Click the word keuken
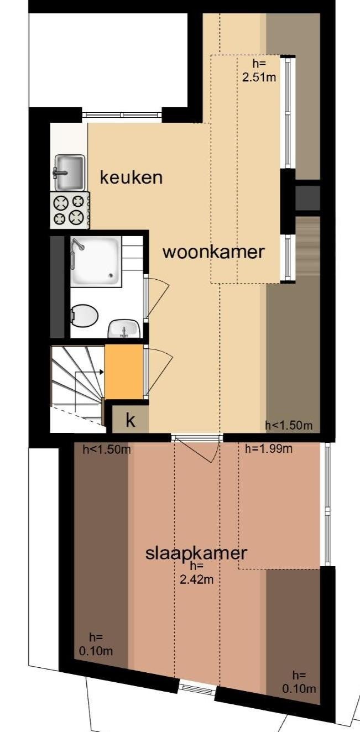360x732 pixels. [x=131, y=178]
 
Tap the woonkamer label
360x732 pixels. [x=213, y=252]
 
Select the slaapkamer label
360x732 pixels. [x=196, y=553]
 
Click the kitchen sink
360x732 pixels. [x=69, y=172]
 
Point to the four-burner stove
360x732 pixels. [x=69, y=210]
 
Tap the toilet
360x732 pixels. [x=85, y=317]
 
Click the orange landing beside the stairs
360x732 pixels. [x=124, y=372]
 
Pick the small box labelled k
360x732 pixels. [x=131, y=420]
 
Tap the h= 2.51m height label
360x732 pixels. [x=259, y=71]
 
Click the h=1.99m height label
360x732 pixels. [x=269, y=449]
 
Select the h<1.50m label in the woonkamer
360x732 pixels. [x=289, y=425]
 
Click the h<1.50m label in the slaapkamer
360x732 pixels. [x=107, y=449]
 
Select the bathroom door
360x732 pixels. [x=156, y=297]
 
